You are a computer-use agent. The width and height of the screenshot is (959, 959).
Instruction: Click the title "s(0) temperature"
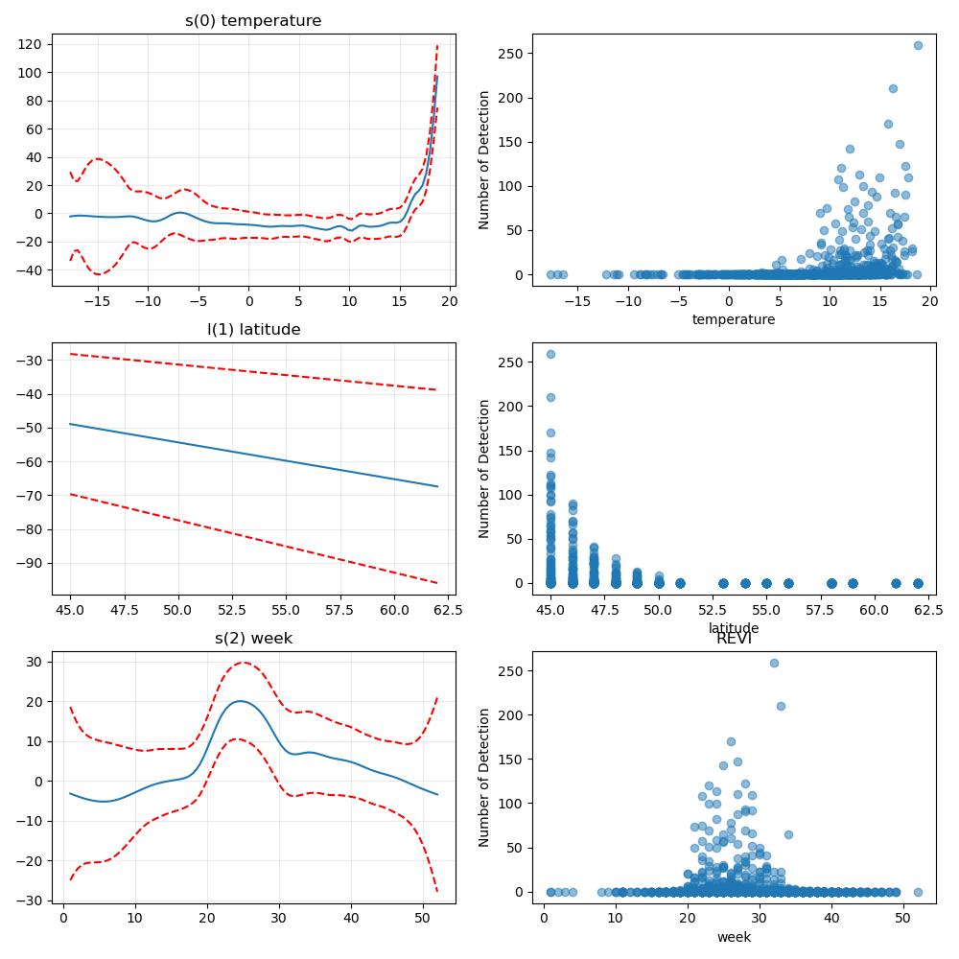click(x=253, y=21)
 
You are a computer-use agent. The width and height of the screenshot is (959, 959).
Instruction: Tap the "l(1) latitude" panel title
click(x=254, y=330)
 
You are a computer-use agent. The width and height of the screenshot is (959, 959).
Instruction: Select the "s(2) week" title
click(x=254, y=639)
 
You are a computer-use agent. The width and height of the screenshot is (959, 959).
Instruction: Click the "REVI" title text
click(x=734, y=639)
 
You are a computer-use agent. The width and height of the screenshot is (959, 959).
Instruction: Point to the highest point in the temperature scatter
click(x=918, y=45)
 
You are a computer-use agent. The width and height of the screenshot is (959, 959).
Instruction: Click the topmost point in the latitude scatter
click(x=550, y=354)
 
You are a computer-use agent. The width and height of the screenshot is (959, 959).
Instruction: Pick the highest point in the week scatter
click(x=774, y=663)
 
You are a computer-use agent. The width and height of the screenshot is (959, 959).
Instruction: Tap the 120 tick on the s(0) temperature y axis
click(x=30, y=44)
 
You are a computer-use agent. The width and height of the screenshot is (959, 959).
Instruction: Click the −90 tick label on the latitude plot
click(x=30, y=563)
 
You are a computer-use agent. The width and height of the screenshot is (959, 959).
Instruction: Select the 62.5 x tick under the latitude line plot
click(x=448, y=610)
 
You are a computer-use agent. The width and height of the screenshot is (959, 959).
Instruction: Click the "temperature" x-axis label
click(x=734, y=319)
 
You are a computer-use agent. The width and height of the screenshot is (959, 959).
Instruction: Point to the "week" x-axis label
click(x=734, y=937)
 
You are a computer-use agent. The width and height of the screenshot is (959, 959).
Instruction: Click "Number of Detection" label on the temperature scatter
click(x=483, y=160)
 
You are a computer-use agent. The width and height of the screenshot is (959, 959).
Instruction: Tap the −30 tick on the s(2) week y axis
click(x=30, y=901)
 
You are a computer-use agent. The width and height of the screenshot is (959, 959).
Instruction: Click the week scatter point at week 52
click(x=918, y=892)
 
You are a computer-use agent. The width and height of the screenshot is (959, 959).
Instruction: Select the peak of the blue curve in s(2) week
click(x=240, y=701)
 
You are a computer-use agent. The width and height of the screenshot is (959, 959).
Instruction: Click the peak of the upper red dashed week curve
click(x=244, y=662)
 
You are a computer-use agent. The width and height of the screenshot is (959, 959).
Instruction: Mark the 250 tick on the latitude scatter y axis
click(x=511, y=363)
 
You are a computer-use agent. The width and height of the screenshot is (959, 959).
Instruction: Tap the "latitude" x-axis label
click(x=734, y=628)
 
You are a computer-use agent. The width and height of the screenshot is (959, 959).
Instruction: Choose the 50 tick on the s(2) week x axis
click(x=423, y=918)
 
